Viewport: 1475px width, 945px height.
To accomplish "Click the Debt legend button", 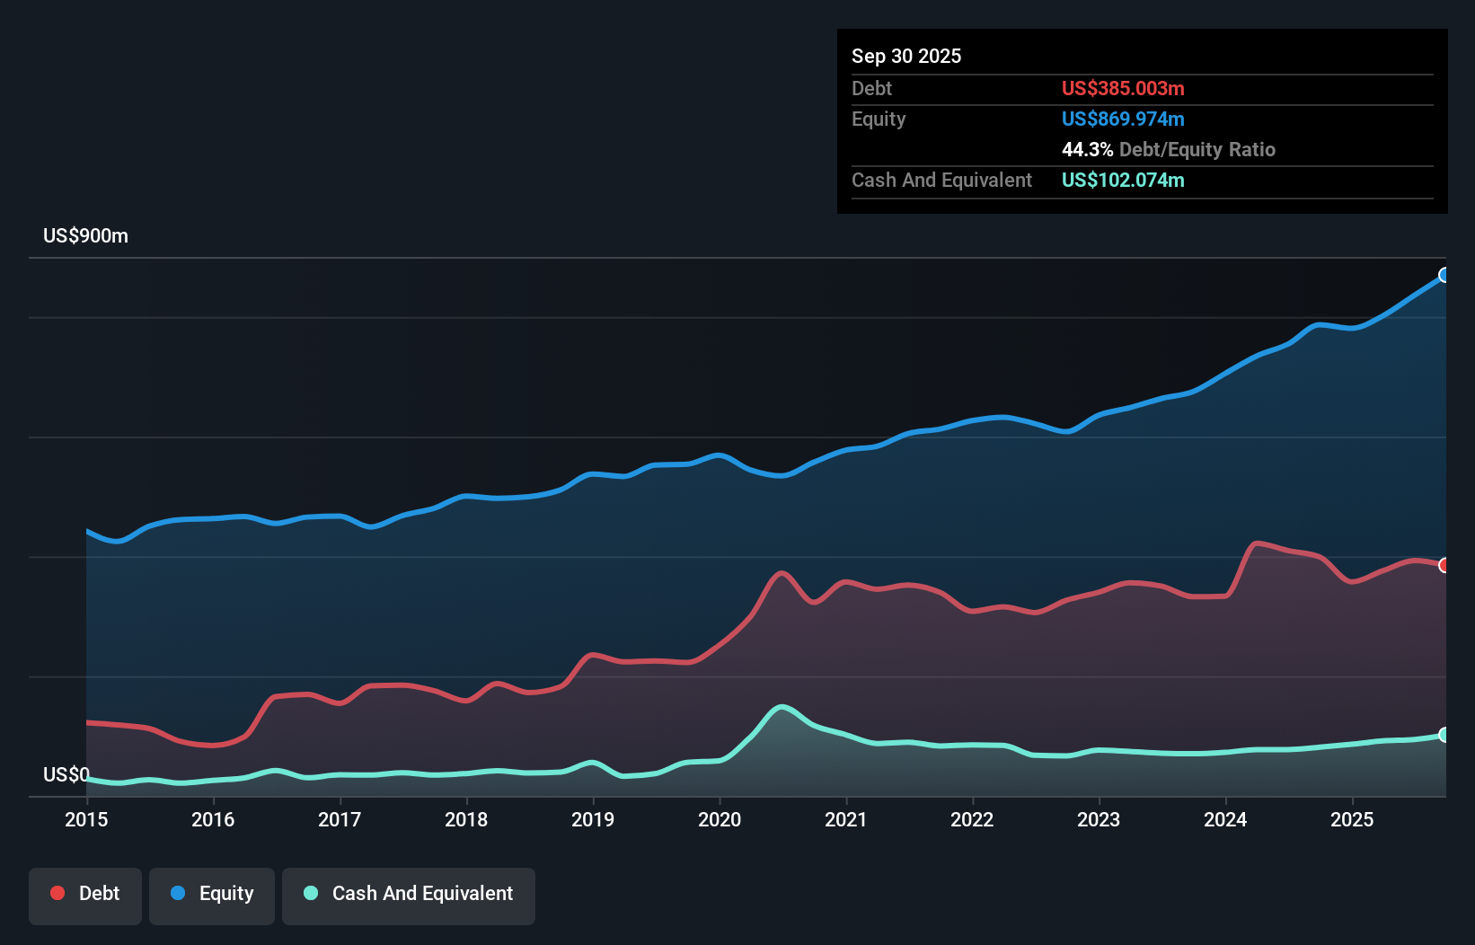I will [x=85, y=895].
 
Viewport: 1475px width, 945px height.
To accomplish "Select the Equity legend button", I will [x=212, y=895].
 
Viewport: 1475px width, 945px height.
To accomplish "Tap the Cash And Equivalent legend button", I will [x=409, y=895].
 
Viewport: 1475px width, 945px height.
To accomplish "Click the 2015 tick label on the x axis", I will [x=86, y=819].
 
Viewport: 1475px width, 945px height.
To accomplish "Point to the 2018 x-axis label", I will [x=466, y=819].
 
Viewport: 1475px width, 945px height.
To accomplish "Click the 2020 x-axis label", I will [x=720, y=819].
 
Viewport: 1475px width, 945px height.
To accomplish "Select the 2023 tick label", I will [x=1099, y=819].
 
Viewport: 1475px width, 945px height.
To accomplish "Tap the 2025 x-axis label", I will [x=1352, y=819].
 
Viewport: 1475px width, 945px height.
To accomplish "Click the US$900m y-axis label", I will [x=85, y=236].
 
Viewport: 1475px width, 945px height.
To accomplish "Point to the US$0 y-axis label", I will [x=66, y=774].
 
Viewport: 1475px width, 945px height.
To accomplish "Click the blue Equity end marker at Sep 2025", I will [x=1444, y=275].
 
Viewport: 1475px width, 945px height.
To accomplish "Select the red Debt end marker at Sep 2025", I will [x=1444, y=565].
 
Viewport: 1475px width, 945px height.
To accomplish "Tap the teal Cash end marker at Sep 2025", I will [x=1444, y=735].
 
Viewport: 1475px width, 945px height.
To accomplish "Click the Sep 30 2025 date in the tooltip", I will [x=905, y=57].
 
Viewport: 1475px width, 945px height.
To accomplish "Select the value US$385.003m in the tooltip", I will [x=1122, y=88].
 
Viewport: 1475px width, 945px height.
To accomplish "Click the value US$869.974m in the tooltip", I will [x=1122, y=119].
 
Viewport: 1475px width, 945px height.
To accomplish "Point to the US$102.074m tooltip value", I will [x=1122, y=180].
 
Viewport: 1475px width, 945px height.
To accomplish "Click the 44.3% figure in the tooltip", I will [x=1087, y=149].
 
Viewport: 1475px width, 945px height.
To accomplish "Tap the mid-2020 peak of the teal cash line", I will [x=782, y=706].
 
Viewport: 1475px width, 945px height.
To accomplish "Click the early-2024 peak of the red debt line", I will [x=1257, y=543].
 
